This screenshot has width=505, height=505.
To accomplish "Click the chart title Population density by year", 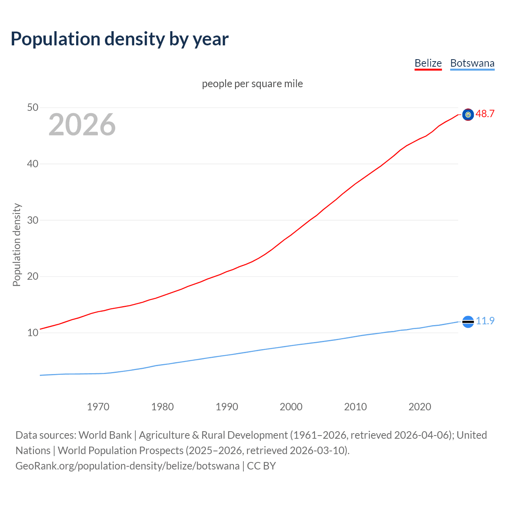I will [x=120, y=39].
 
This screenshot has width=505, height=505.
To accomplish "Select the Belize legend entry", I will [x=428, y=63].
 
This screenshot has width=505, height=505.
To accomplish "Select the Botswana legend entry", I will [x=472, y=63].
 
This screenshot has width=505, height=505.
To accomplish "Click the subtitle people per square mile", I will [x=252, y=84].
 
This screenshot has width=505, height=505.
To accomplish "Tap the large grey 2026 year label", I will [x=82, y=125].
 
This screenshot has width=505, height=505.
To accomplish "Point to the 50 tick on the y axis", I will [x=33, y=107].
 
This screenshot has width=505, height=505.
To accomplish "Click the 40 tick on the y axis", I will [x=33, y=164].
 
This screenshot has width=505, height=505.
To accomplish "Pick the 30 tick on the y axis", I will [x=33, y=220].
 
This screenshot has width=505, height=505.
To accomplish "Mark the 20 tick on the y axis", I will [x=33, y=276].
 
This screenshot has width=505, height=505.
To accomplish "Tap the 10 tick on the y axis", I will [x=33, y=333].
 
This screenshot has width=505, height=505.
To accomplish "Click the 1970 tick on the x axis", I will [x=98, y=407].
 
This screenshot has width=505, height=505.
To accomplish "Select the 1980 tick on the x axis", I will [x=163, y=407].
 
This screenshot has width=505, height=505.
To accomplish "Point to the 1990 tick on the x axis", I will [x=227, y=407].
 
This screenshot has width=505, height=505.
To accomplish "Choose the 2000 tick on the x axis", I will [x=291, y=407].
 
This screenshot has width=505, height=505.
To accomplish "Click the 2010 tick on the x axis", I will [x=355, y=407].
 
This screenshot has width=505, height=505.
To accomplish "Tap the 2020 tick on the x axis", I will [x=420, y=407].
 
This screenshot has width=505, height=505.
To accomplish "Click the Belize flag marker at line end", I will [x=468, y=114].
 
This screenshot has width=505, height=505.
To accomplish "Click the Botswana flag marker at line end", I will [x=468, y=322].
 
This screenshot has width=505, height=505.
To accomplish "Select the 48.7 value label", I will [x=485, y=114].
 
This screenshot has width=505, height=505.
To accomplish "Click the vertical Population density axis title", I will [x=17, y=245].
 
